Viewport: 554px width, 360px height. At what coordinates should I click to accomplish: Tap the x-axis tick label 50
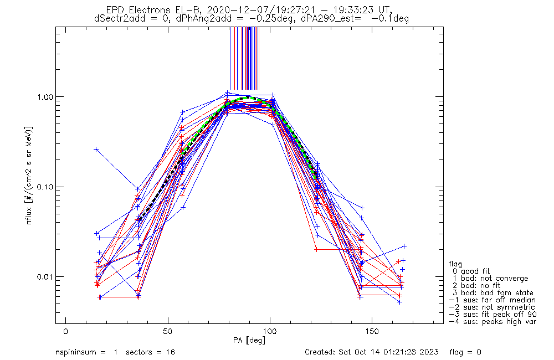coord(168,331)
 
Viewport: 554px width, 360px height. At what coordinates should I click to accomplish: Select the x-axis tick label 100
coord(270,331)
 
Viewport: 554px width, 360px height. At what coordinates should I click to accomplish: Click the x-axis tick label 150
coord(372,331)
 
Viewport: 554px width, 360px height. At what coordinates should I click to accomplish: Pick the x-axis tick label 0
coord(66,331)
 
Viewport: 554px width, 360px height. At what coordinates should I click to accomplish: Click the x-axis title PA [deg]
coord(249,340)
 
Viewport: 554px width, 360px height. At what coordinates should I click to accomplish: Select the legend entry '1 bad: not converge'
coord(490,279)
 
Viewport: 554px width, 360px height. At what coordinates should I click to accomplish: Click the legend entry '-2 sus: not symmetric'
coord(492,307)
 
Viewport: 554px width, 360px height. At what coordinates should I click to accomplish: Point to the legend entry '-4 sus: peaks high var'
coord(493,321)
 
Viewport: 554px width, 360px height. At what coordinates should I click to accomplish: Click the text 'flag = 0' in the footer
coord(465,352)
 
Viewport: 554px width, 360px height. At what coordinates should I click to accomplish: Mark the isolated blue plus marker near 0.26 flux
coord(96,150)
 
